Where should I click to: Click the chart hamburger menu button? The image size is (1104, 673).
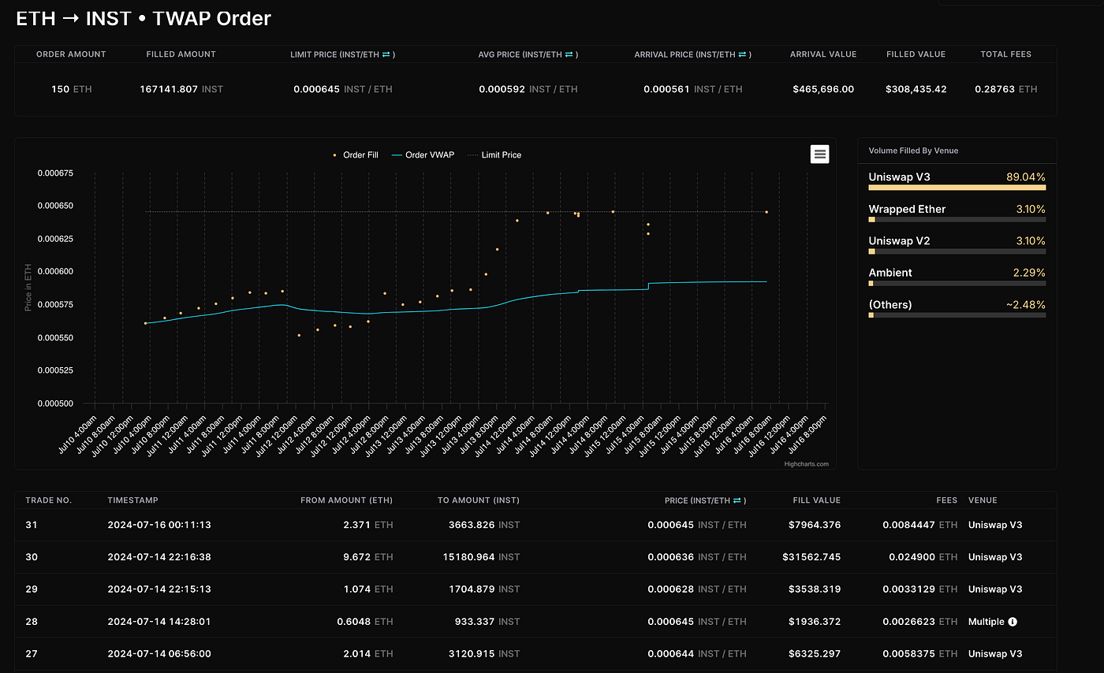(x=819, y=154)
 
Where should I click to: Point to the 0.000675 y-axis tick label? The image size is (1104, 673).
(x=55, y=173)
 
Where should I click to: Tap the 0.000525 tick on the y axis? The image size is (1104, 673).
(x=55, y=370)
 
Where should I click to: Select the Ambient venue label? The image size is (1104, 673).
(x=890, y=273)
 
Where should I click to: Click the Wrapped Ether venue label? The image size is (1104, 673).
(x=907, y=209)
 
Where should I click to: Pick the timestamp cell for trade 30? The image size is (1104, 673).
(x=159, y=557)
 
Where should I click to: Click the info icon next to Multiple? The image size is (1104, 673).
(x=1013, y=622)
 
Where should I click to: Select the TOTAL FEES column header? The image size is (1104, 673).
(x=1005, y=54)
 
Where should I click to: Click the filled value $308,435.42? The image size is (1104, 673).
(x=916, y=89)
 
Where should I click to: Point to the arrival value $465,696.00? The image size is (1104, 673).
(x=822, y=89)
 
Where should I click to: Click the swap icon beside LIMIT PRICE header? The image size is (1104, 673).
(x=386, y=54)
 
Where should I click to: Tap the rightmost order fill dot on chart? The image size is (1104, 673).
(x=766, y=212)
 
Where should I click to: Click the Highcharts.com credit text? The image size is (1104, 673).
(x=806, y=464)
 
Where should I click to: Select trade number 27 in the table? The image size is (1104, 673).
(x=32, y=653)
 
